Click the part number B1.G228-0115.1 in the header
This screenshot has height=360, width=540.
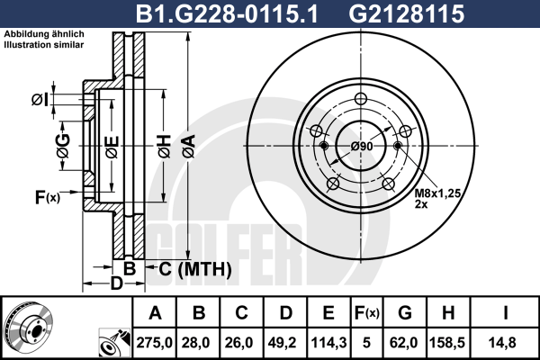click(227, 14)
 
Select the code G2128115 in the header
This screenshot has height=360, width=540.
click(407, 14)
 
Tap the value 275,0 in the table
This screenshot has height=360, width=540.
click(154, 343)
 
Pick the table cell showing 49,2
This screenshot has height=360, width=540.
click(285, 343)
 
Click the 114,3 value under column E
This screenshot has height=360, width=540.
click(328, 343)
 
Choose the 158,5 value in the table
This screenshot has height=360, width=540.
click(447, 343)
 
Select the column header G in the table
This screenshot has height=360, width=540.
click(405, 313)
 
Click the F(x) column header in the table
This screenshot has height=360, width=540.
click(367, 313)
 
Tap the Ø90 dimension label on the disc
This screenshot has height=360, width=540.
click(362, 147)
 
